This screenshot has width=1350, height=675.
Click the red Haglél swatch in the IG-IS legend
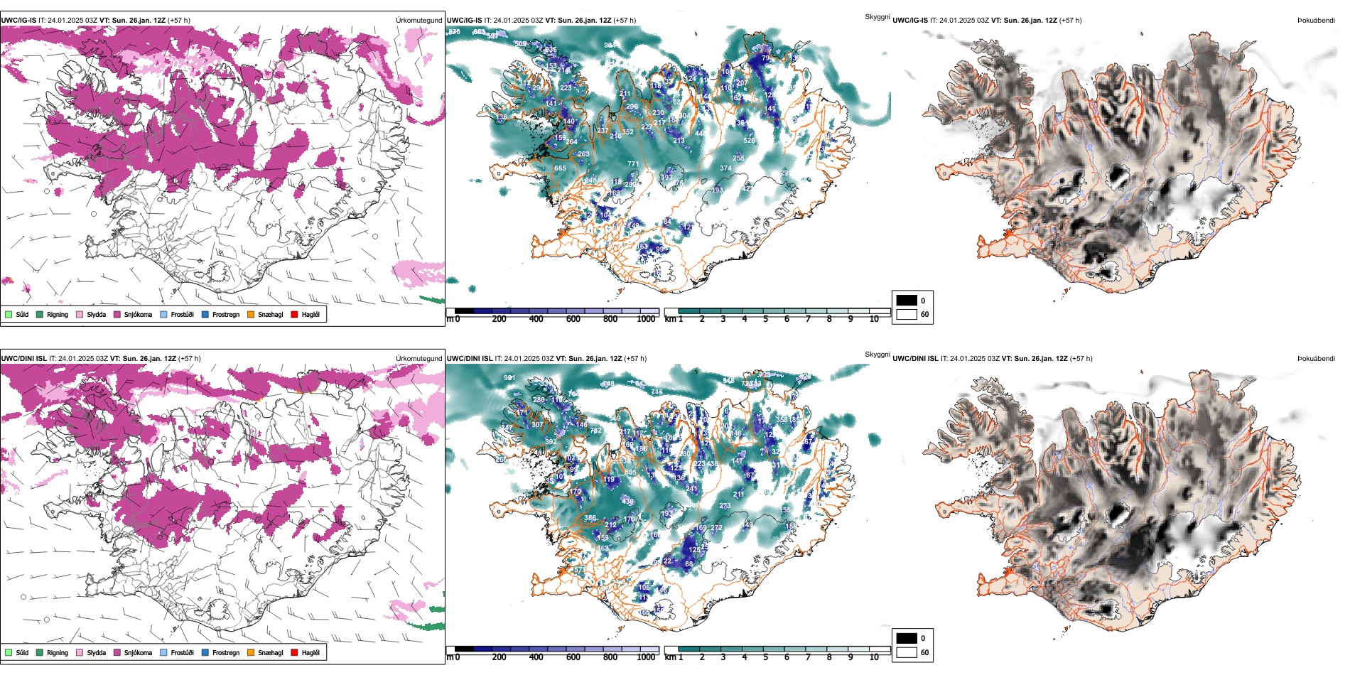point(294,314)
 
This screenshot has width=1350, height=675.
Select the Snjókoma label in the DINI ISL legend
point(138,652)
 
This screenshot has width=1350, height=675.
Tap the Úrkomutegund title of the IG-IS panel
point(418,21)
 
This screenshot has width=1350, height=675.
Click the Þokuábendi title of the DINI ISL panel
point(1316,359)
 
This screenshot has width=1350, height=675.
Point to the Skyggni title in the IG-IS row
point(877,17)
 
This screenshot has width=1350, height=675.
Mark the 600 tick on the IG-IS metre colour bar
point(573,319)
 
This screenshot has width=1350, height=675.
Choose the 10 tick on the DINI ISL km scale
point(874,657)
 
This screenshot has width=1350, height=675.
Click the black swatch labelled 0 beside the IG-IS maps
point(907,301)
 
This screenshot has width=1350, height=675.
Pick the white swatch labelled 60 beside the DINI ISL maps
point(907,652)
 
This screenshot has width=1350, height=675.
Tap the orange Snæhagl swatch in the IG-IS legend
point(251,314)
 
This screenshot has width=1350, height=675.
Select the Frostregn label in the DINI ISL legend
point(226,652)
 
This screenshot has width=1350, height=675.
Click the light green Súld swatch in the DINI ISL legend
point(9,652)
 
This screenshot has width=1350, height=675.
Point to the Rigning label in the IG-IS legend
point(58,314)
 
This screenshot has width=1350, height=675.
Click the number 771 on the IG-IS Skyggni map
point(632,164)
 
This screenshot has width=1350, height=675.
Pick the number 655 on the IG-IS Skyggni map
point(560,168)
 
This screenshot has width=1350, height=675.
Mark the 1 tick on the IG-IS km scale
point(681,319)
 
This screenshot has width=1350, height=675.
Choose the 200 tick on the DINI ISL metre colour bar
point(499,657)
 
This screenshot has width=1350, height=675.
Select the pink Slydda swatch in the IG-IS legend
point(80,314)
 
